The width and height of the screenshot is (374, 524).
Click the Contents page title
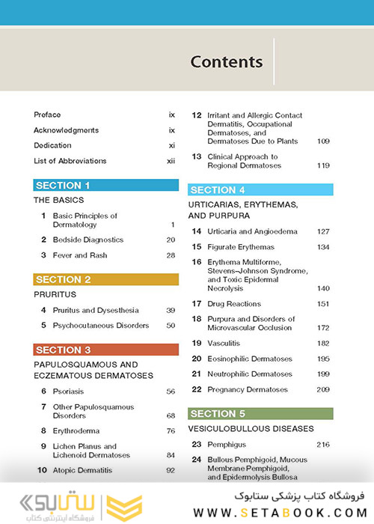tap(226, 61)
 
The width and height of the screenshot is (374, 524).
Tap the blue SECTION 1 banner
tap(106, 186)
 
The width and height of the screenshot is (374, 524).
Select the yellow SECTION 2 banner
tap(106, 280)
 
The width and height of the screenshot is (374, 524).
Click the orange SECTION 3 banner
tap(106, 350)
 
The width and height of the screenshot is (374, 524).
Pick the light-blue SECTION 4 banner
tap(261, 190)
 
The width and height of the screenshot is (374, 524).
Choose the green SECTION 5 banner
tap(261, 413)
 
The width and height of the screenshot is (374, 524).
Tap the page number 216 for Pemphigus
tap(323, 445)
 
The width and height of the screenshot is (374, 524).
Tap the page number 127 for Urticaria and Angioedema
tap(323, 232)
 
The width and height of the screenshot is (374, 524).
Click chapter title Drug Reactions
tap(236, 304)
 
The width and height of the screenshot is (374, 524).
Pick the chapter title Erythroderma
tap(76, 431)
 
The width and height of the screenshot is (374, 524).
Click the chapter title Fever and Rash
tap(80, 255)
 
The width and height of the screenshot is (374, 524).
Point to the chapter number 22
tap(197, 389)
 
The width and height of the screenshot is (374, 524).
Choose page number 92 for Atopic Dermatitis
tap(170, 470)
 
